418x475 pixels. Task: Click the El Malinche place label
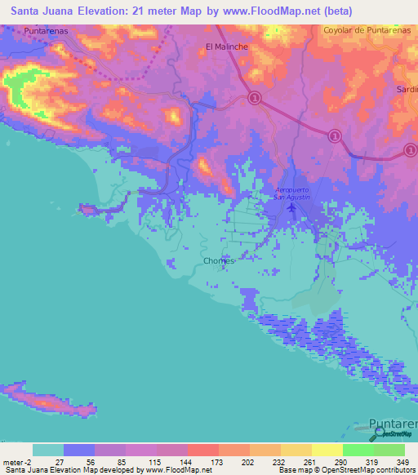(226, 47)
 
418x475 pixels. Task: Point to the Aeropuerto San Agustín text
(292, 193)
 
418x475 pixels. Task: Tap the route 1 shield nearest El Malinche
(254, 99)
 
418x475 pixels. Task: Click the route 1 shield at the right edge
(411, 150)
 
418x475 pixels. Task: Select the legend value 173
(218, 461)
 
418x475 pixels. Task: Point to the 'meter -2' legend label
(16, 461)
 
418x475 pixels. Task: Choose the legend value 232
(280, 461)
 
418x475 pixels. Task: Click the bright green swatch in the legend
(358, 450)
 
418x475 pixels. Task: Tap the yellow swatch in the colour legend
(327, 450)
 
